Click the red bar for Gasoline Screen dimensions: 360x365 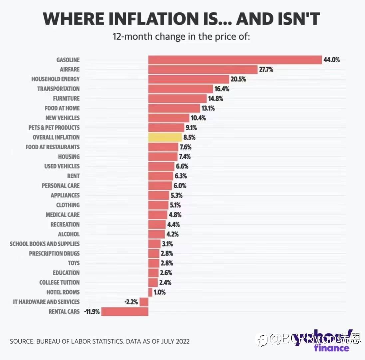tap(235, 60)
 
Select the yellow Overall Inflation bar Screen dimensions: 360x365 tap(165, 137)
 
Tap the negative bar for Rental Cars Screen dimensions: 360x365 tap(125, 312)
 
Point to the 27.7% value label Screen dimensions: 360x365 tap(266, 70)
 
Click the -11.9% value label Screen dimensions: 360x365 tap(92, 312)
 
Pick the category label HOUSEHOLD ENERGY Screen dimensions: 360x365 tap(56, 79)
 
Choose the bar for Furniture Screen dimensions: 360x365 tap(178, 99)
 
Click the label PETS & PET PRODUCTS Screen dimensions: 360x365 tap(54, 128)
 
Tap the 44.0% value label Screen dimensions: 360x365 tap(331, 60)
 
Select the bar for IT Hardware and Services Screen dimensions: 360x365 tap(144, 302)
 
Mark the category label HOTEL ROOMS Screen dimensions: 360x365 tap(63, 292)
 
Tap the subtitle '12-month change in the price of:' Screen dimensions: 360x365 tap(181, 36)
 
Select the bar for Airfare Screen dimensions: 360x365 tap(203, 70)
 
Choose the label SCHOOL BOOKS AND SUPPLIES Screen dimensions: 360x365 tap(45, 244)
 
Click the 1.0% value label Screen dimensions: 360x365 tap(160, 292)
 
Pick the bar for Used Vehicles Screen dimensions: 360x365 tap(161, 166)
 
